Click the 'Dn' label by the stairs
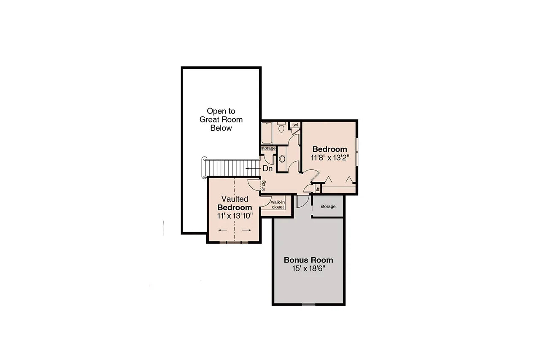tap(267, 168)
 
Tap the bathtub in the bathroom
tap(267, 133)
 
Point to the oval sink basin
tap(282, 159)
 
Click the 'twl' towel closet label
tap(295, 125)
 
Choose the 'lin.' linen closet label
tap(318, 189)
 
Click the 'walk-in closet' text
tap(277, 205)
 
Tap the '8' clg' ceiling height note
tap(264, 186)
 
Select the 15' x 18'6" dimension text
tap(308, 268)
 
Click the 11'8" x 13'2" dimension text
tap(329, 157)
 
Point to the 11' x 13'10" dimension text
tap(235, 215)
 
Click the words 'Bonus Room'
tap(308, 260)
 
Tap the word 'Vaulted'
tap(235, 199)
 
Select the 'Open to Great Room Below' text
tap(221, 119)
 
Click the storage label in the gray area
tap(328, 206)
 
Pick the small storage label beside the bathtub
tap(268, 148)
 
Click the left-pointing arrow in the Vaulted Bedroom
tap(223, 230)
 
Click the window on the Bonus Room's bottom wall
tap(308, 304)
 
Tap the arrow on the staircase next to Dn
tap(253, 168)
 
